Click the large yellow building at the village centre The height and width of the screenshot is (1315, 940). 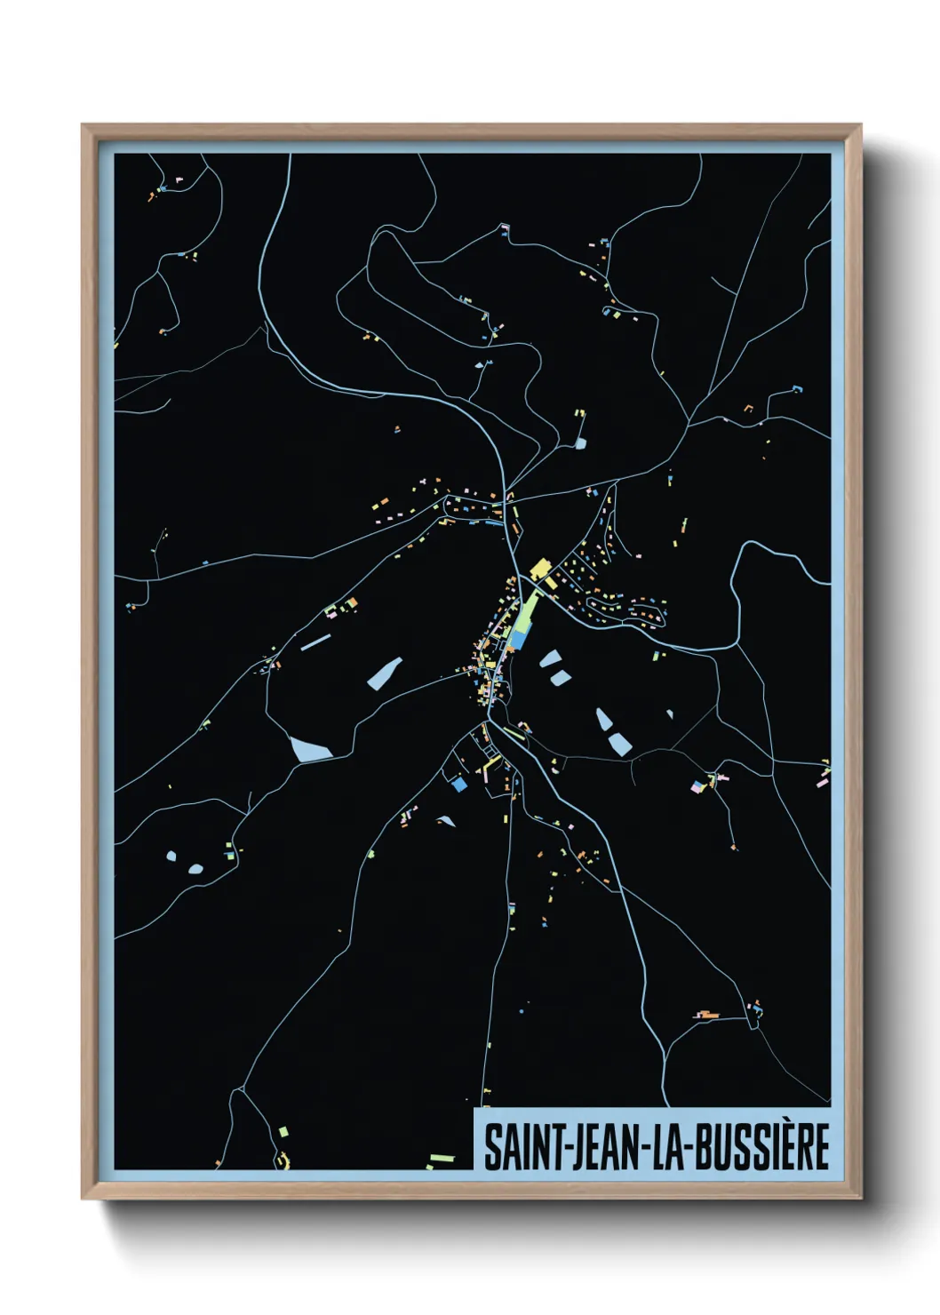point(539,568)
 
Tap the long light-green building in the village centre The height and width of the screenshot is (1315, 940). point(528,612)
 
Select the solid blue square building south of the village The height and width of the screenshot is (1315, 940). point(459,785)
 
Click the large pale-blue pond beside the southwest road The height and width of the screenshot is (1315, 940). point(309,749)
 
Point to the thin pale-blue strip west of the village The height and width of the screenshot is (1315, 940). point(315,642)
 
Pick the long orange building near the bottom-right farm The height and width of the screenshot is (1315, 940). point(707,1015)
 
